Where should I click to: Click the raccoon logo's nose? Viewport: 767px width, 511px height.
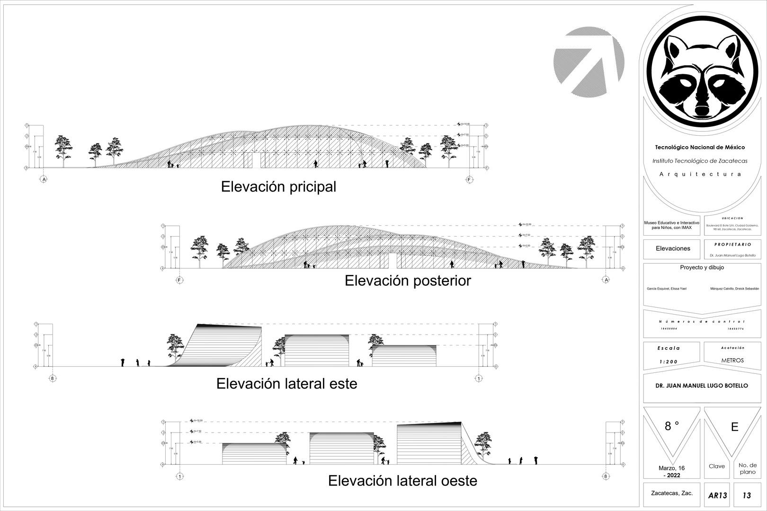(x=702, y=112)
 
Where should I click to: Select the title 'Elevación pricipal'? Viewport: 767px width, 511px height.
(x=278, y=187)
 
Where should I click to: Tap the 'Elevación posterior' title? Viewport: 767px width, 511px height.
(x=408, y=281)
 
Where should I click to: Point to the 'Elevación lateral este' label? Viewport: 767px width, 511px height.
(x=286, y=383)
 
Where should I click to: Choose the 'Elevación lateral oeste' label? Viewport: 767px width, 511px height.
(x=402, y=481)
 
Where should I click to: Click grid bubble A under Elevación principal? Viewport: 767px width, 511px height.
(x=44, y=180)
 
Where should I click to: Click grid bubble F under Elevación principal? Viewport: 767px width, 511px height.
(x=469, y=180)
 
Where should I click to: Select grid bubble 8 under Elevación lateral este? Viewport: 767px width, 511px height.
(x=53, y=378)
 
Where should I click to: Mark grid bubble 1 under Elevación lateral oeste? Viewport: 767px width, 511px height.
(x=179, y=476)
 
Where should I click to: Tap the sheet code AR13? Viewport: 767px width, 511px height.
(x=717, y=496)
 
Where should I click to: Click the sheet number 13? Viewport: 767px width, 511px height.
(x=747, y=495)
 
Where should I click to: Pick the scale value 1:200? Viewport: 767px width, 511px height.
(x=669, y=361)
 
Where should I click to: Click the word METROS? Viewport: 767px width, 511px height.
(x=732, y=360)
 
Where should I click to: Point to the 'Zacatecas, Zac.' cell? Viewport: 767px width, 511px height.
(x=672, y=493)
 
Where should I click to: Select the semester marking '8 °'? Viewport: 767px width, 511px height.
(x=672, y=426)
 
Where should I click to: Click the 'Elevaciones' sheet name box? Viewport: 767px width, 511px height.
(x=673, y=248)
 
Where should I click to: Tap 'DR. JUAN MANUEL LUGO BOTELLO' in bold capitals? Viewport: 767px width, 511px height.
(x=702, y=386)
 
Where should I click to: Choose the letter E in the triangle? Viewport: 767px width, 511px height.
(x=734, y=427)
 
